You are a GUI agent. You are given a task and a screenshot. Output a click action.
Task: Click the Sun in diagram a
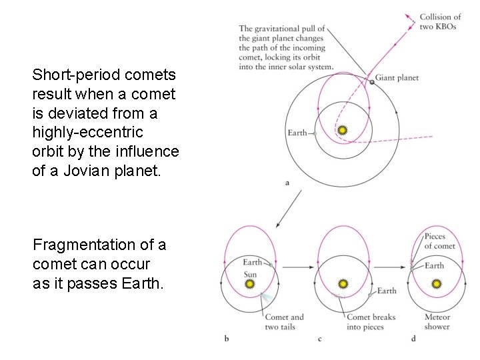[342, 131]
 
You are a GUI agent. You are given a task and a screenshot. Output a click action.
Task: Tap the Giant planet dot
[371, 82]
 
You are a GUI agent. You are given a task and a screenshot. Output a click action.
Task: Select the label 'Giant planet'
[397, 78]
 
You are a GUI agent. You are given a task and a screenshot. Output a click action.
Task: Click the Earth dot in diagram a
[313, 133]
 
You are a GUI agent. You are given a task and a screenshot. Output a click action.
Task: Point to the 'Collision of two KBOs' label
[440, 21]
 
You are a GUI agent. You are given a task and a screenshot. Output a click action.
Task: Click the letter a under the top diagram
[287, 182]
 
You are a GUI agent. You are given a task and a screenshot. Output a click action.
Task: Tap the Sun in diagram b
[250, 284]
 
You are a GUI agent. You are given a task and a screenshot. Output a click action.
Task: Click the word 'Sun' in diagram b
[250, 273]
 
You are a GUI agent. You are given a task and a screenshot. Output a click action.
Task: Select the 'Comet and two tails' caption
[283, 322]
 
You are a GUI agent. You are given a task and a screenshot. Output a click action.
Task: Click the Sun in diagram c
[343, 284]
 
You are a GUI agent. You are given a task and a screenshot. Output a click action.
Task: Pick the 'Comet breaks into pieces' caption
[371, 322]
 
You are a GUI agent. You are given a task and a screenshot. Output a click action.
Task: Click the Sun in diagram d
[437, 284]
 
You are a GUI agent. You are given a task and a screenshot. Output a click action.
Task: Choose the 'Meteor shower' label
[437, 322]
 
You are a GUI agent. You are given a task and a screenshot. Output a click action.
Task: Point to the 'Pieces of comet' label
[440, 241]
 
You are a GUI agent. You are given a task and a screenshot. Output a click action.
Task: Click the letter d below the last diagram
[413, 339]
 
